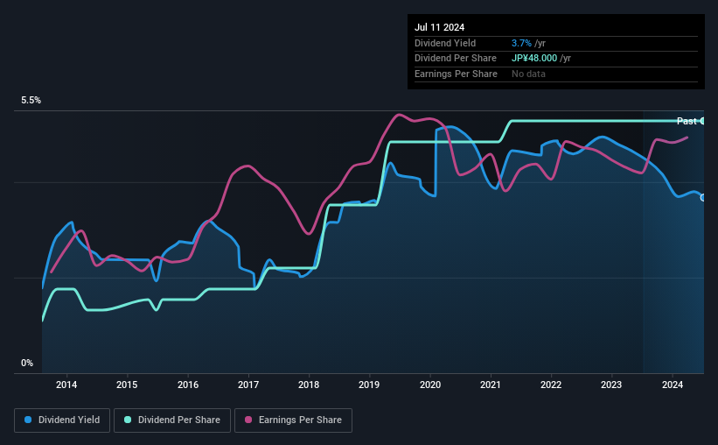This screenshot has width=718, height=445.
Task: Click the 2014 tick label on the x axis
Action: [x=66, y=385]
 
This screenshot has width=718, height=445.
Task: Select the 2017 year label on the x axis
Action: [x=248, y=385]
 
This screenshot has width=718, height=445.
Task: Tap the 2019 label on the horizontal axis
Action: [x=369, y=385]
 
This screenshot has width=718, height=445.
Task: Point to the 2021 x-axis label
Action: [x=491, y=385]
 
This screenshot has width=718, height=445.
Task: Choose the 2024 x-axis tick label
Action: [x=673, y=385]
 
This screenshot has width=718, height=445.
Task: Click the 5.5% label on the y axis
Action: [x=31, y=101]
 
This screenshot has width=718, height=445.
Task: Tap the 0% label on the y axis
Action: [x=27, y=363]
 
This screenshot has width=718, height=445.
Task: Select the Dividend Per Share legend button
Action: [x=178, y=420]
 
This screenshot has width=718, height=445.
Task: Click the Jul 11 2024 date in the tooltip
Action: [x=438, y=27]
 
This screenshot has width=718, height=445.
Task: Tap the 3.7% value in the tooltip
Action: [x=521, y=43]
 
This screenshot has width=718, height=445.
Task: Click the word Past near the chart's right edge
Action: [x=687, y=121]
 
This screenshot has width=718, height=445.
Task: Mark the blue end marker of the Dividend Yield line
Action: [x=702, y=197]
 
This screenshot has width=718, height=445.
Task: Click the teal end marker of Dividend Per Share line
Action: [x=702, y=121]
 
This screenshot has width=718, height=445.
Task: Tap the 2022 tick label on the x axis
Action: [x=551, y=385]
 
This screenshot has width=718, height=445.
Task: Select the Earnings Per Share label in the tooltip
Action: [x=456, y=74]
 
